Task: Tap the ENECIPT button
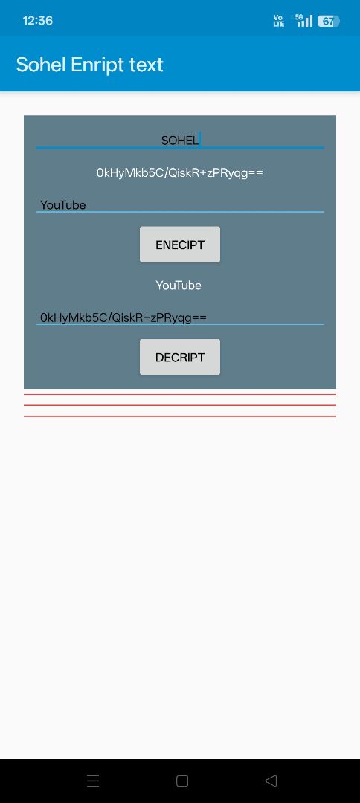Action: (x=180, y=245)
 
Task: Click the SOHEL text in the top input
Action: (x=180, y=141)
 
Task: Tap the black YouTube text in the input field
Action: (x=63, y=205)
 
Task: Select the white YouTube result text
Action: (x=179, y=286)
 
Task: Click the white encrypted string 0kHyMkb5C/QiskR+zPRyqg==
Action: (x=180, y=173)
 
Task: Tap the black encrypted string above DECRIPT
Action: (x=123, y=317)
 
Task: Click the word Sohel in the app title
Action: (x=42, y=65)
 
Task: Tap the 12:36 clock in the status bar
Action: (x=37, y=21)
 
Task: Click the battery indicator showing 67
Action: (x=328, y=21)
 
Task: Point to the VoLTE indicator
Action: (x=279, y=21)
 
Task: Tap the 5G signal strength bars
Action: (x=304, y=21)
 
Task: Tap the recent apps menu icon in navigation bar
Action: (x=93, y=781)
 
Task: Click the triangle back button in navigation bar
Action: (x=271, y=781)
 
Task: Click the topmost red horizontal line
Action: (x=180, y=394)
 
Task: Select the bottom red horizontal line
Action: (x=180, y=416)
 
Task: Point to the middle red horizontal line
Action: (x=180, y=405)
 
